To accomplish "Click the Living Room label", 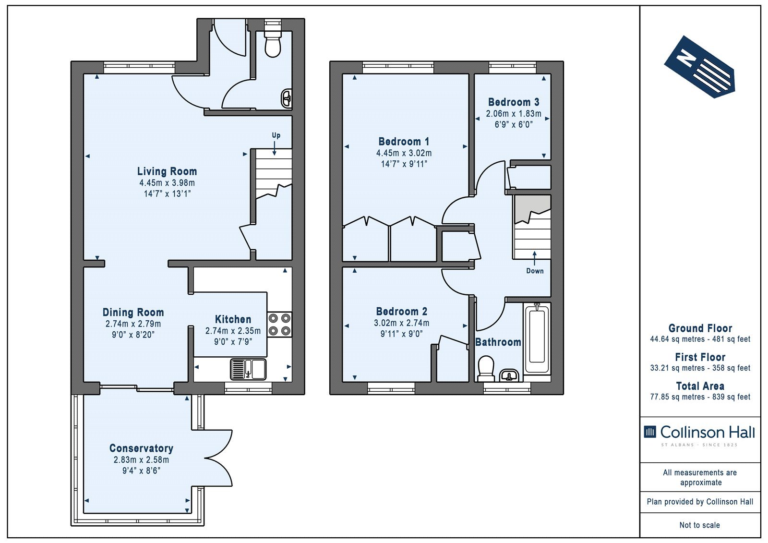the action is pos(167,171).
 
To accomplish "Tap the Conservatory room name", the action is pos(141,448).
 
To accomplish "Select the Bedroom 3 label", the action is pos(514,102).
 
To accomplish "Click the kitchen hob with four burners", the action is pos(279,325).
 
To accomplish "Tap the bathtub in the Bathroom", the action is pos(537,338).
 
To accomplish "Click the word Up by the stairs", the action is pos(276,135).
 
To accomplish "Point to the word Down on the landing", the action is pos(535,271).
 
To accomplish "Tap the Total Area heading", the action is pos(700,386).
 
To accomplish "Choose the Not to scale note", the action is pos(700,525).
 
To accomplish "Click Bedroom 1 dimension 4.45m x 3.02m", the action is pos(404,153).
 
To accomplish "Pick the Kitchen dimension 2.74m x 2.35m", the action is pos(233,331).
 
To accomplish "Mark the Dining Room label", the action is pos(133,312).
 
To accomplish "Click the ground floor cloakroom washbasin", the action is pos(287,99).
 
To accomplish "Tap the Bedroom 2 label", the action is pos(401,311).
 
